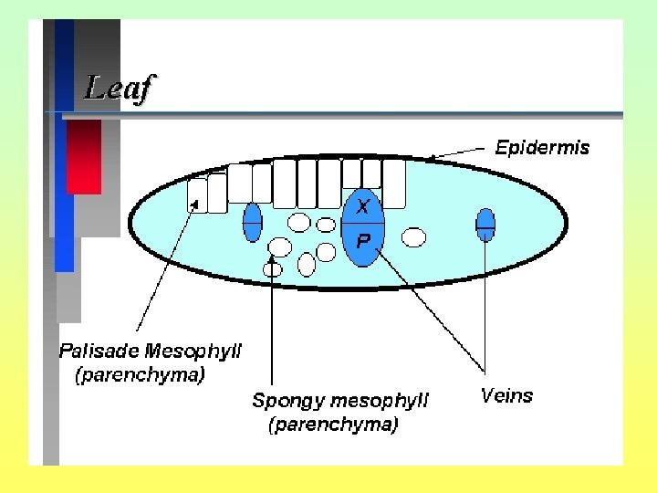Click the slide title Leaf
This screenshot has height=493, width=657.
[120, 88]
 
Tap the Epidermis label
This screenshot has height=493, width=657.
[542, 147]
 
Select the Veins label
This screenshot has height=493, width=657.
[506, 395]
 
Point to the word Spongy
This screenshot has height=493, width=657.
[287, 400]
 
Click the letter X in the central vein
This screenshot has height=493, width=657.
[363, 207]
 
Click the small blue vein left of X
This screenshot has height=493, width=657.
[253, 222]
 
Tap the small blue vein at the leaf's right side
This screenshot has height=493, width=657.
[485, 224]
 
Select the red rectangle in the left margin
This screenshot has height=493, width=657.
[84, 157]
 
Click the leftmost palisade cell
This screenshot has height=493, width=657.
[197, 195]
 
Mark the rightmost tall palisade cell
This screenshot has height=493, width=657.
[394, 184]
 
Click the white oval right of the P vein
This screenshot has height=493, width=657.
[414, 237]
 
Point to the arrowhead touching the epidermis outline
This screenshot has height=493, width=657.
[430, 159]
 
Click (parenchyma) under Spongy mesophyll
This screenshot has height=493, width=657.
[333, 425]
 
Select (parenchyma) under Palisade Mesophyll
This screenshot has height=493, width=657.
[141, 374]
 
